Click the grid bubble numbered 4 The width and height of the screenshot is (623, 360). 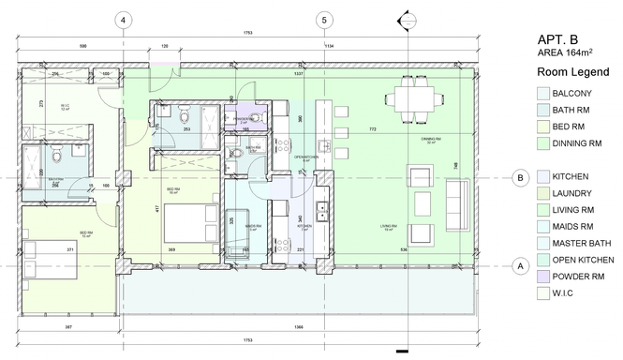point(124,20)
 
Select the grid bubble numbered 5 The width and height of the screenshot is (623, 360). point(323,20)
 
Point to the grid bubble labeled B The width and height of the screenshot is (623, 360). point(519,177)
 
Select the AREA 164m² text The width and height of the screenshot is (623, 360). point(566,54)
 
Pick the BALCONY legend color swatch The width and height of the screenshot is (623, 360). point(543,93)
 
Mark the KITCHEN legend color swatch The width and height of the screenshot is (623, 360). point(543,176)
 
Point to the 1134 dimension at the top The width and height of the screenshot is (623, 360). point(328,45)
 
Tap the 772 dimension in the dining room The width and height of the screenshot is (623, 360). point(372,127)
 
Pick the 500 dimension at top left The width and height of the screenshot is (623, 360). point(83,45)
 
